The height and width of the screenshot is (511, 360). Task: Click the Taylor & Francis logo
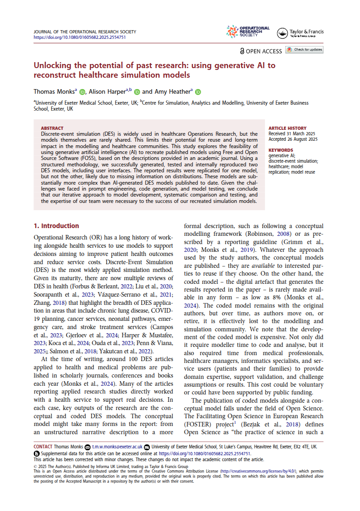coord(301,32)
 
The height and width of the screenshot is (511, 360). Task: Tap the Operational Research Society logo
coord(248,32)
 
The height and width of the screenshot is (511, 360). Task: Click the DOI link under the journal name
coord(80,37)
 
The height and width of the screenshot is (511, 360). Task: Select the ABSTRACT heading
coord(50,128)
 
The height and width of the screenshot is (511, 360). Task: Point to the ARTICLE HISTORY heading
coord(287,128)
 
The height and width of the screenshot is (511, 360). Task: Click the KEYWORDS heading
coord(281,150)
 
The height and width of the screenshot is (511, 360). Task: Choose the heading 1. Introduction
coord(56,226)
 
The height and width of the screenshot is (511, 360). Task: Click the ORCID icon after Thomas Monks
coord(82,91)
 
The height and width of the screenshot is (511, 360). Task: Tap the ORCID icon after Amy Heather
coord(198,91)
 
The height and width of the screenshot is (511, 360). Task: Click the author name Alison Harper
coord(109,91)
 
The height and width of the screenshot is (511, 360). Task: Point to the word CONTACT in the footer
coord(43,447)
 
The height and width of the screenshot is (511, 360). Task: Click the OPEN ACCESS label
coord(264,51)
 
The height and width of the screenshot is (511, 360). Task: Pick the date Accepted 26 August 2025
coord(293,139)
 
